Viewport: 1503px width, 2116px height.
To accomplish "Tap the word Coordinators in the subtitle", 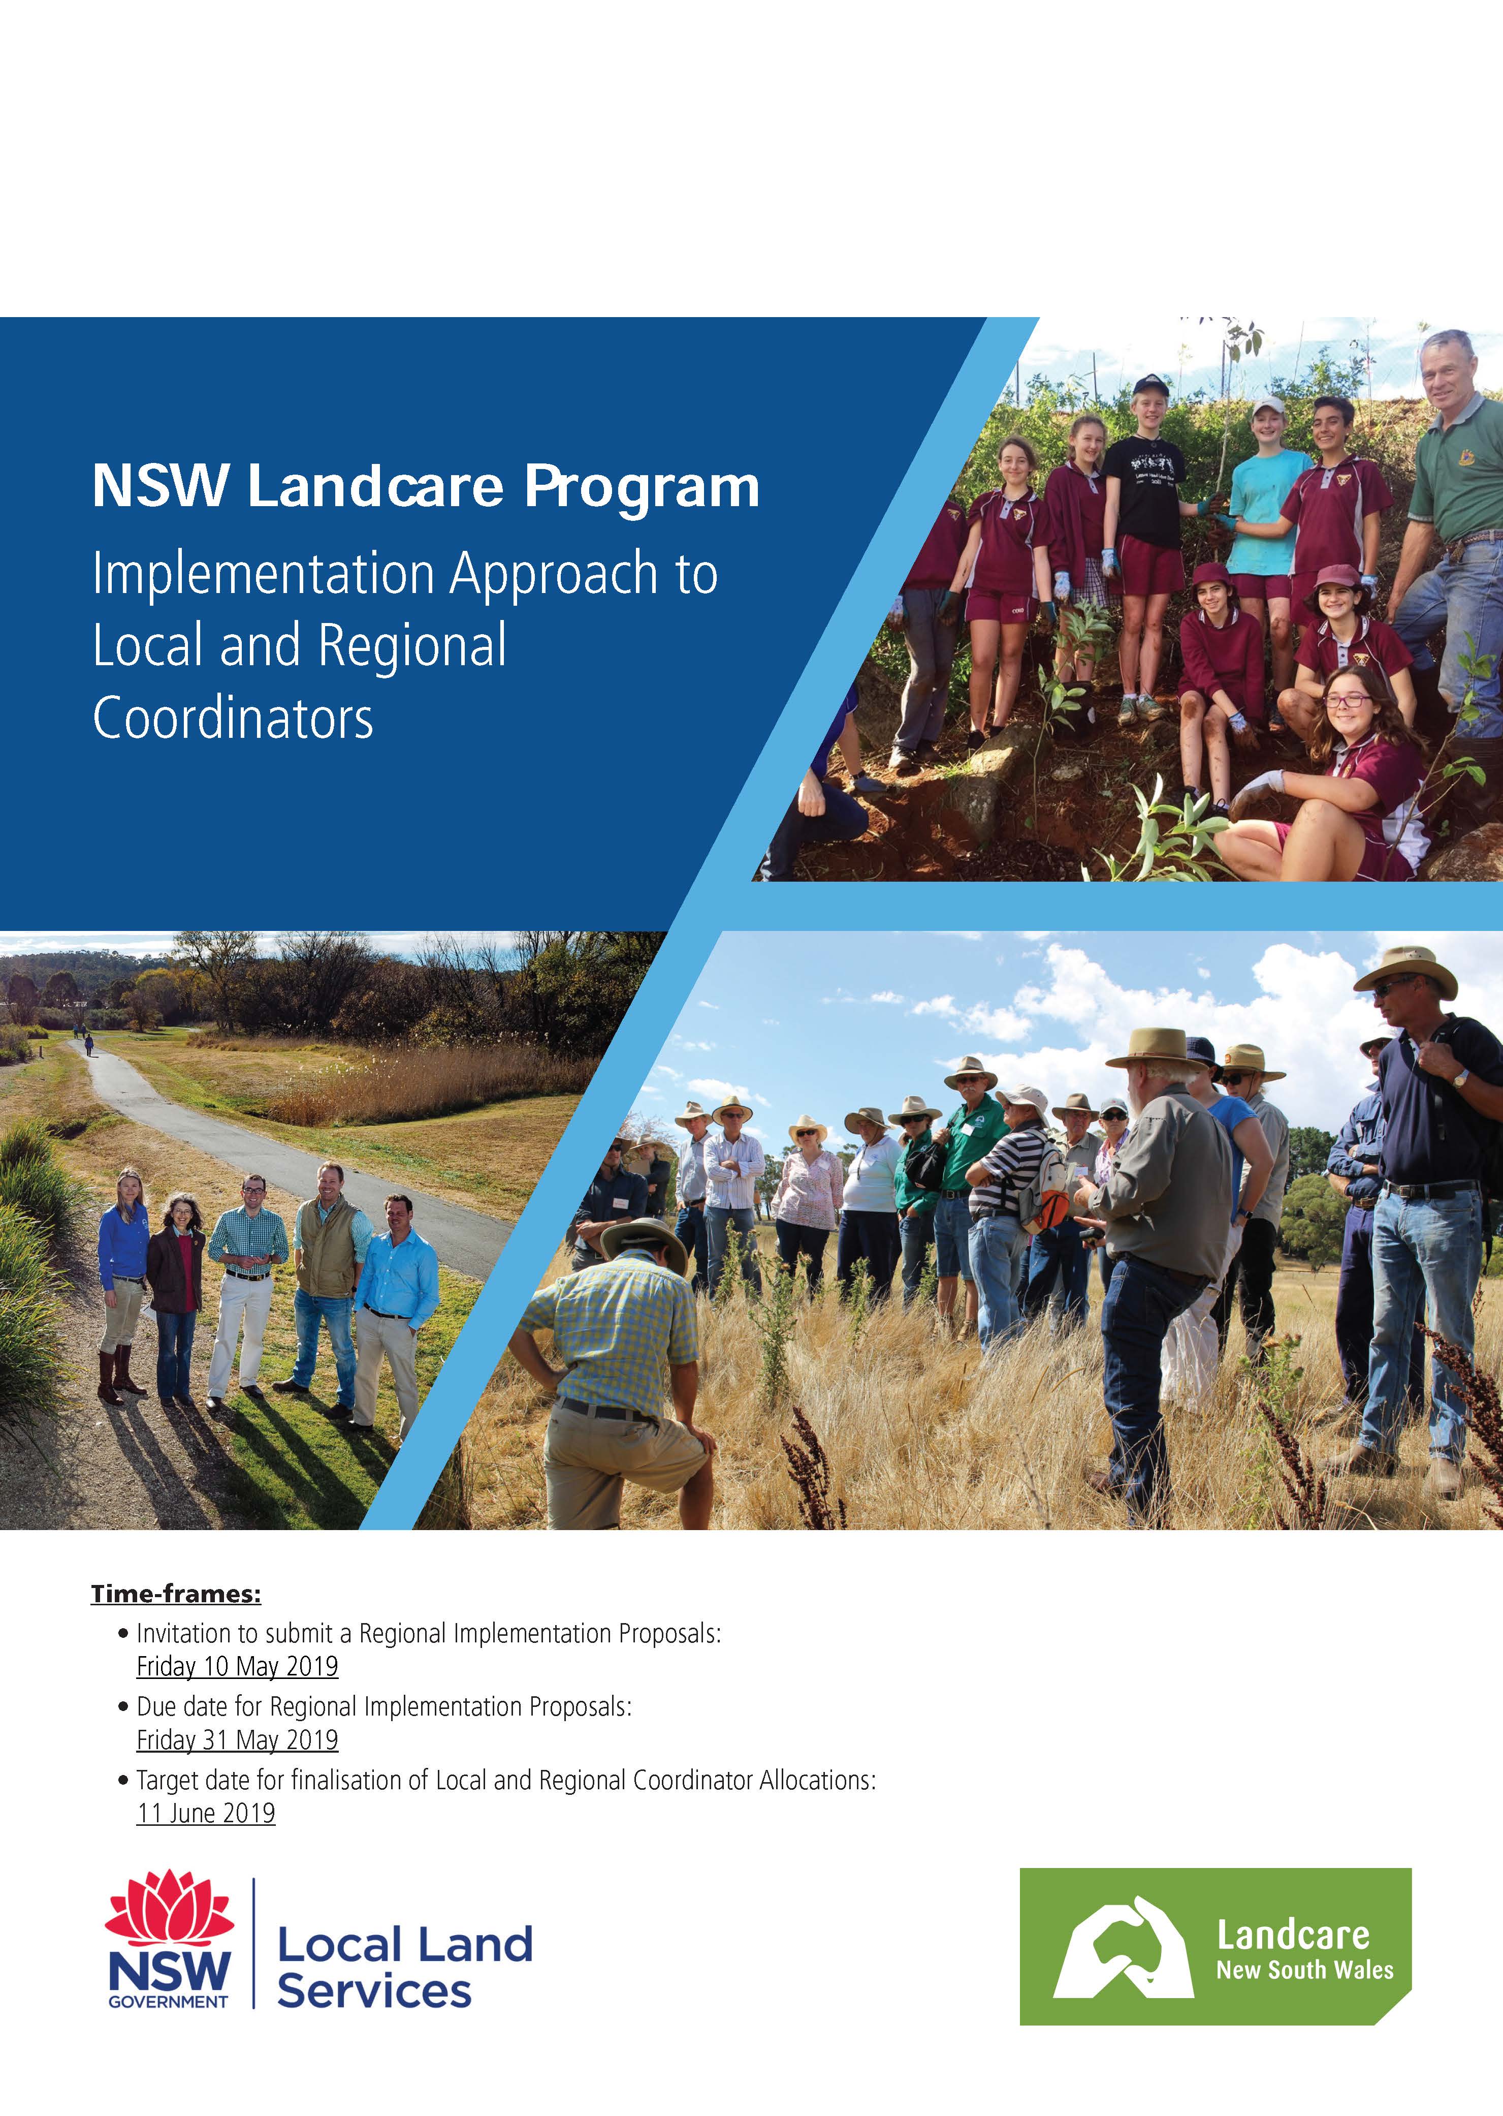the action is pyautogui.click(x=233, y=719).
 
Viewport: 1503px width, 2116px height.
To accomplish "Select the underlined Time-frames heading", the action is pyautogui.click(x=176, y=1594).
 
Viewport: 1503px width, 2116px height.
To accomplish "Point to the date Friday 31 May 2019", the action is pyautogui.click(x=237, y=1740).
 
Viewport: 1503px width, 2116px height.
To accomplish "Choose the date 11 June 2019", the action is pyautogui.click(x=205, y=1813).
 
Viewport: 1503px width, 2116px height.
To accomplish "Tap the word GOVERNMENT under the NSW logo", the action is pyautogui.click(x=169, y=2001).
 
